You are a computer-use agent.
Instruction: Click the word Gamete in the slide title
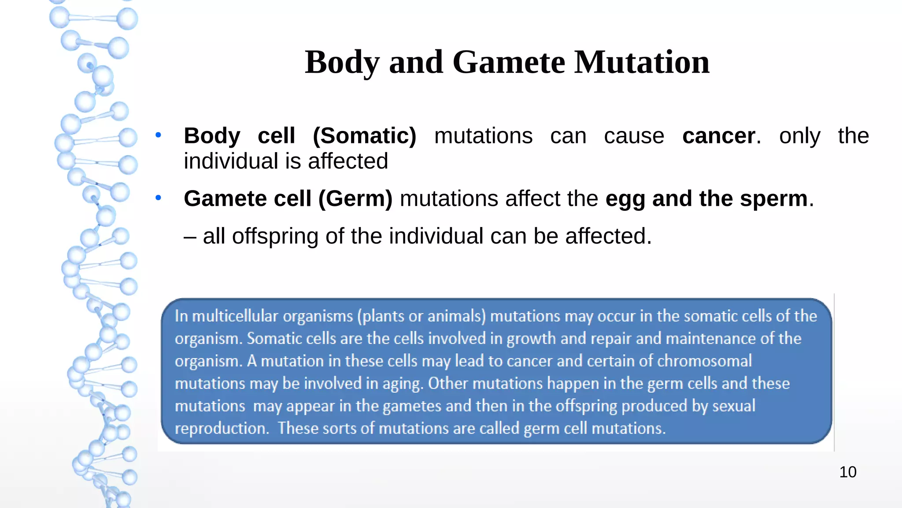pos(508,62)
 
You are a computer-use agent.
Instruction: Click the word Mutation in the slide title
pos(642,62)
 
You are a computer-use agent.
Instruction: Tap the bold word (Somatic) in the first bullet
pos(364,136)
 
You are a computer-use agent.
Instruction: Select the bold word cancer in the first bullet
pos(718,136)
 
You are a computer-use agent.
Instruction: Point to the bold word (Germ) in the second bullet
pos(355,199)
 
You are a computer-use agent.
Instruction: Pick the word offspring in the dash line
pos(275,237)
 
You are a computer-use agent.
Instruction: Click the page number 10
pos(847,472)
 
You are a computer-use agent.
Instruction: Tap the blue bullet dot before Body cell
pos(158,135)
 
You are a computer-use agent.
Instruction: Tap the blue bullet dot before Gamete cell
pos(158,198)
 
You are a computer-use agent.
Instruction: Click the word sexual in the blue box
pos(734,406)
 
